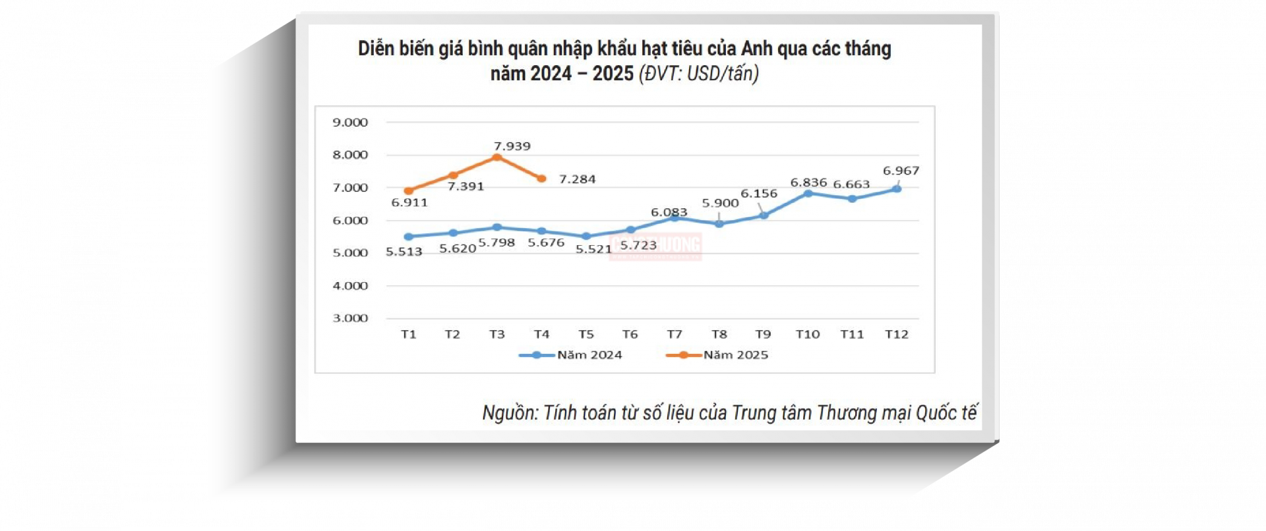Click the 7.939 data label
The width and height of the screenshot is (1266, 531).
512,146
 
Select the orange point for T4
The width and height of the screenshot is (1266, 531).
541,179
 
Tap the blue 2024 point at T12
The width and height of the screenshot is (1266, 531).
897,189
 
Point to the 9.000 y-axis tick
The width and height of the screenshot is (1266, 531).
350,123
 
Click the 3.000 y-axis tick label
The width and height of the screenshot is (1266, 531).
350,318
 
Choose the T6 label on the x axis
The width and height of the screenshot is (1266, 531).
630,335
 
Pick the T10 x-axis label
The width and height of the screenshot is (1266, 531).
807,335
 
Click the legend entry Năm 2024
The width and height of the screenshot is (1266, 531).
589,355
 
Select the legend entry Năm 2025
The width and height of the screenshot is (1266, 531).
735,355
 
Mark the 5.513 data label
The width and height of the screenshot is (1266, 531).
404,252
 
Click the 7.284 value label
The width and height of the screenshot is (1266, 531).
577,179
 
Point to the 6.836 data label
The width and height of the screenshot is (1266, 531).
808,182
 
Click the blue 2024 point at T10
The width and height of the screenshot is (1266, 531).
808,194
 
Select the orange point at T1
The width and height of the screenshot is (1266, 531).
409,191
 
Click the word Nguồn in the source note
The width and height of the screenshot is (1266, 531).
510,413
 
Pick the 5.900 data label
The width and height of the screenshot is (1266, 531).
720,204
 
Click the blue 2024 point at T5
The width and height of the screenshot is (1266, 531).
586,236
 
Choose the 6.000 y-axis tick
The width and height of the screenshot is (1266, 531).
350,221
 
